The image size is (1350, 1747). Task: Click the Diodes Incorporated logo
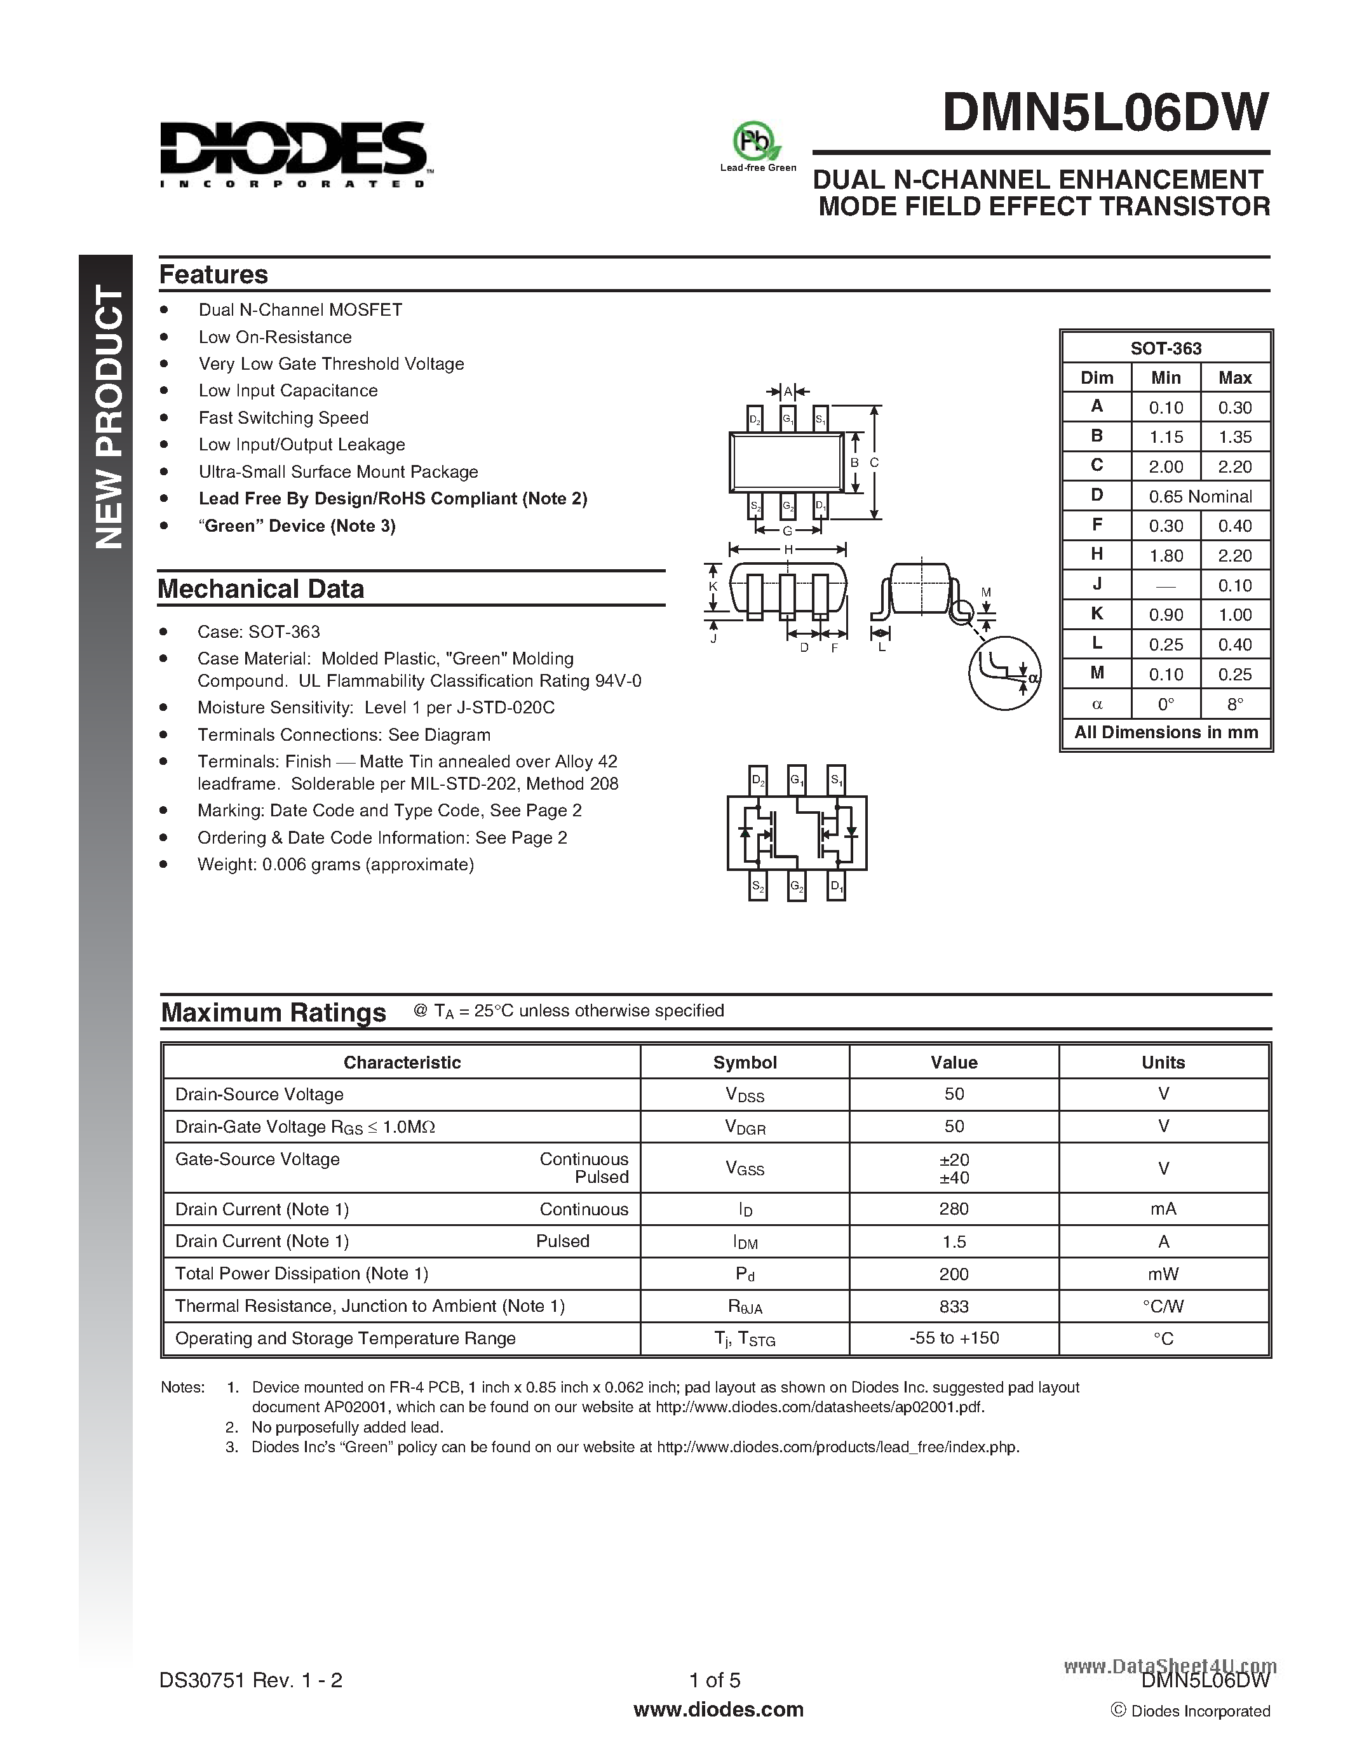tap(293, 154)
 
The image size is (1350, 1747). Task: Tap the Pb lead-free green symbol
tap(756, 142)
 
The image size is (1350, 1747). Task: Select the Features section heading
tap(213, 274)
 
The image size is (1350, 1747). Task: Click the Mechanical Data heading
tap(260, 589)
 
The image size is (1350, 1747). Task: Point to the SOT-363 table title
tap(1165, 348)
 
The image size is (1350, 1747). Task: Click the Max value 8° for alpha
tap(1235, 704)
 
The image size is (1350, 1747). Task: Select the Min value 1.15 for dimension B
tap(1165, 437)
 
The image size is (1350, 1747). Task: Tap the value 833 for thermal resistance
tap(954, 1306)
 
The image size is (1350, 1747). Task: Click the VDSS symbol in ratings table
tap(744, 1095)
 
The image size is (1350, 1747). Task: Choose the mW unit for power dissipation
tap(1163, 1274)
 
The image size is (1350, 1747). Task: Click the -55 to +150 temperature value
tap(954, 1339)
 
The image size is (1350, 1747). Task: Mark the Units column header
tap(1163, 1062)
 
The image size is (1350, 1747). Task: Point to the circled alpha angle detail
tap(1004, 673)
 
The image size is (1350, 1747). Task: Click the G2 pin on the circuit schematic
tap(797, 886)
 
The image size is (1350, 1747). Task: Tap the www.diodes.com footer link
tap(717, 1710)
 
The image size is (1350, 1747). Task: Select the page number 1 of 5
tap(714, 1680)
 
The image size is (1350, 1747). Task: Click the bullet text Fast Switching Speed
tap(283, 417)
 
